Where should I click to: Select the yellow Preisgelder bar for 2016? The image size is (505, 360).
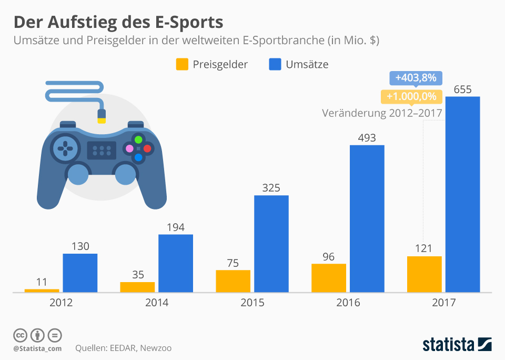click(x=329, y=277)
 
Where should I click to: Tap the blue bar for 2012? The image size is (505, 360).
click(x=80, y=272)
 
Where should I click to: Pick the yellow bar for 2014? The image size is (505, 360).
click(x=137, y=286)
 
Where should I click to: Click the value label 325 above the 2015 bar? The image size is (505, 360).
click(x=271, y=188)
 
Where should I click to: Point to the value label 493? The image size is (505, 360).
click(x=367, y=138)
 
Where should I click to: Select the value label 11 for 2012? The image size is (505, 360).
click(x=42, y=282)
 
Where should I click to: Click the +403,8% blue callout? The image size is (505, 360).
click(x=416, y=78)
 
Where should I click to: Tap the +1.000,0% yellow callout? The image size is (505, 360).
click(x=411, y=96)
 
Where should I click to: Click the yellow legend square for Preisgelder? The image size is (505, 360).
click(x=181, y=64)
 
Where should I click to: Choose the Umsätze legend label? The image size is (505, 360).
click(x=307, y=64)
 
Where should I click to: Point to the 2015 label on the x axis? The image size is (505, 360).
click(x=252, y=303)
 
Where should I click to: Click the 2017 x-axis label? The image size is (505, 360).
click(x=443, y=303)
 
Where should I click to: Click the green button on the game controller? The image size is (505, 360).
click(x=138, y=140)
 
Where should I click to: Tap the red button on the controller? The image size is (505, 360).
click(x=147, y=148)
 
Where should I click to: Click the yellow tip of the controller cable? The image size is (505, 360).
click(x=102, y=120)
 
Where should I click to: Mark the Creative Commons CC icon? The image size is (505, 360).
click(x=20, y=335)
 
